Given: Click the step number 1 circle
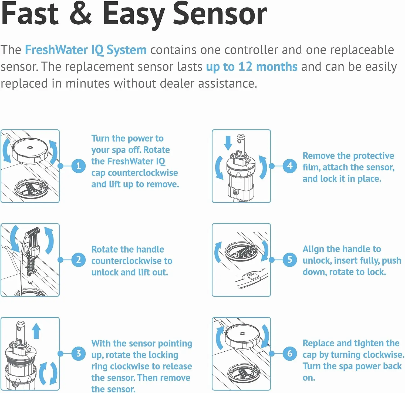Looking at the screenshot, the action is pyautogui.click(x=79, y=166).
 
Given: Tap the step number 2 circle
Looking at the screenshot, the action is pyautogui.click(x=79, y=260).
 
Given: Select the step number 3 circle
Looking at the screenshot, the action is pyautogui.click(x=79, y=354).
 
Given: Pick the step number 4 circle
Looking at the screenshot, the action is pyautogui.click(x=290, y=166).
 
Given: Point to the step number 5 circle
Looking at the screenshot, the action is pyautogui.click(x=290, y=260).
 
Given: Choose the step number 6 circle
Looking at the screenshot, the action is pyautogui.click(x=290, y=354).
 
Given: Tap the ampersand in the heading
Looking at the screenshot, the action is pyautogui.click(x=80, y=14).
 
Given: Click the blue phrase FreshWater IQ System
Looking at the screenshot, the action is pyautogui.click(x=86, y=50).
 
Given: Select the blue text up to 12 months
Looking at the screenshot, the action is pyautogui.click(x=252, y=67).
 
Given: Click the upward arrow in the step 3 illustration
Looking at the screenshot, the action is pyautogui.click(x=36, y=331).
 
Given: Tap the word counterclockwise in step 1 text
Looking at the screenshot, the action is pyautogui.click(x=143, y=173).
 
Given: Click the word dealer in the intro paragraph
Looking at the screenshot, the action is pyautogui.click(x=177, y=84).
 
